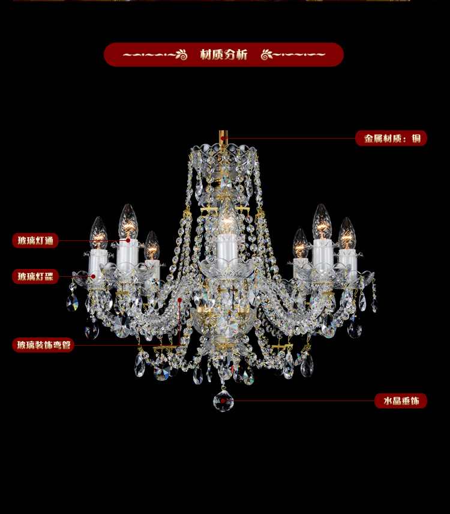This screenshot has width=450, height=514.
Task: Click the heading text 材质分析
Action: [224, 55]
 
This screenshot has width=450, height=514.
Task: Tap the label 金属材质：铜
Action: [392, 138]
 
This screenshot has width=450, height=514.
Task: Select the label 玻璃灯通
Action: [35, 241]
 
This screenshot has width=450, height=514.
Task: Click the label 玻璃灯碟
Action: [35, 276]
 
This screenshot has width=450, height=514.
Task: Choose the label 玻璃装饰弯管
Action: [44, 345]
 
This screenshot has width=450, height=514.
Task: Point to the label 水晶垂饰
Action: [401, 401]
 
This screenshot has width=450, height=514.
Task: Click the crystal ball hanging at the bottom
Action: [223, 401]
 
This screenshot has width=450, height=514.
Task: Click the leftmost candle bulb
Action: [98, 233]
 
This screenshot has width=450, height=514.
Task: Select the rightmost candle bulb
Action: [347, 234]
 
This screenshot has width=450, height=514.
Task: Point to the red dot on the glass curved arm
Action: [179, 300]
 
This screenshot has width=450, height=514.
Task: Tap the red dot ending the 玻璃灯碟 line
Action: [94, 276]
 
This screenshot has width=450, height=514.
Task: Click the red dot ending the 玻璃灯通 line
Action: [128, 240]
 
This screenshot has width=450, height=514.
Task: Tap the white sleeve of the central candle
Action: [227, 247]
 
